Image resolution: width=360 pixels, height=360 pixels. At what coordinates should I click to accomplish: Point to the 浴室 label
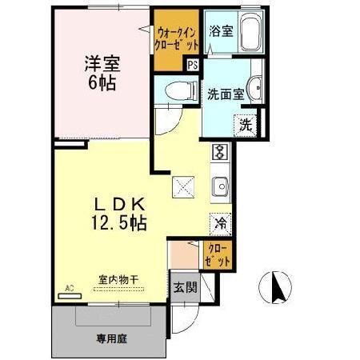221,32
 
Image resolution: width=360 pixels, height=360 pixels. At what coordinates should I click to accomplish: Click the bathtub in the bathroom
249,34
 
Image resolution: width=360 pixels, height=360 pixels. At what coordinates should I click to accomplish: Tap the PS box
193,66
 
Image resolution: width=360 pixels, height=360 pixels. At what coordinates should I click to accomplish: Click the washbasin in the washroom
256,87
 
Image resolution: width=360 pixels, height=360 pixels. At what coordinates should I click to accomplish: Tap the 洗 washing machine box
246,125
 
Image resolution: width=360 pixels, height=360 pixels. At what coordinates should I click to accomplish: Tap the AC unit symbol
70,293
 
